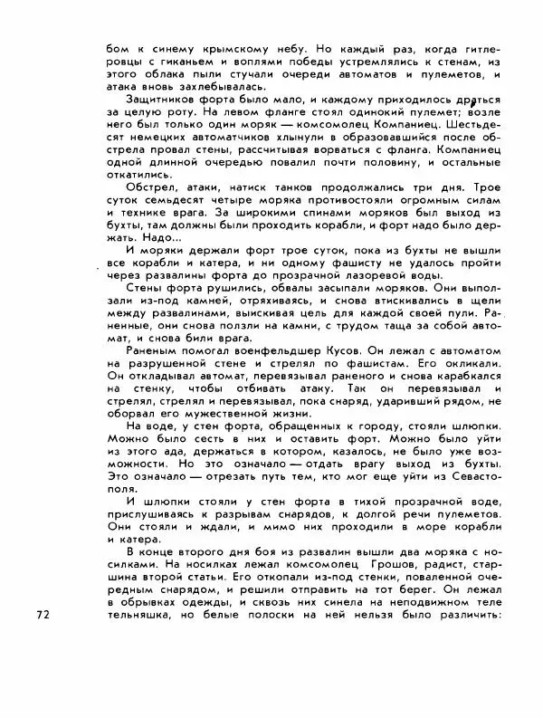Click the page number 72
[x=43, y=615]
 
